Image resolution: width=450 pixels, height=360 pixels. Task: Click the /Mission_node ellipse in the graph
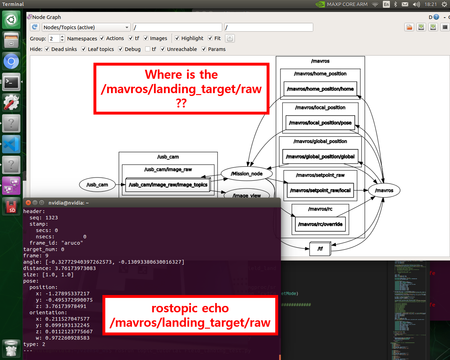(246, 174)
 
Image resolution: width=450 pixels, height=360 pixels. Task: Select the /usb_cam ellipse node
(97, 185)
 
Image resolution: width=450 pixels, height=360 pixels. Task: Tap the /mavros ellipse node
(384, 190)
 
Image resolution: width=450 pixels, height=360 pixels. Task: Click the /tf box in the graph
(320, 249)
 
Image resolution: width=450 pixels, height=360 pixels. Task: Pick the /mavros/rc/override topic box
(320, 224)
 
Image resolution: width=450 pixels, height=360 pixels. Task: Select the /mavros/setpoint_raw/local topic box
(320, 190)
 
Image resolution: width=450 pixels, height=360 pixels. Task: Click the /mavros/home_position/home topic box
(320, 89)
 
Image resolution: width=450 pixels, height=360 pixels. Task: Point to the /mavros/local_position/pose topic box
(320, 123)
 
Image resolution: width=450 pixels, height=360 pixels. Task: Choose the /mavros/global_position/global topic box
(320, 156)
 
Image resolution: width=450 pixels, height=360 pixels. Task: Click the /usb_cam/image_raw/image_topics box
(168, 185)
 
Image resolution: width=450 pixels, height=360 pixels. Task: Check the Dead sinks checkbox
(47, 49)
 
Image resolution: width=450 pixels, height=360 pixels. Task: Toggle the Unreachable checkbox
(163, 49)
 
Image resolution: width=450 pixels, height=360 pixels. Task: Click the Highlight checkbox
(177, 38)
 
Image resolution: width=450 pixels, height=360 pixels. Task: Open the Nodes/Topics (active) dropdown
(86, 28)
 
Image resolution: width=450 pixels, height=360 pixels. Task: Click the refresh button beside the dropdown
(35, 27)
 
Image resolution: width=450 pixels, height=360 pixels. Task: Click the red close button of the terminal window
(28, 203)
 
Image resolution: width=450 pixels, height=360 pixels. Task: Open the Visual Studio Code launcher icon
(11, 144)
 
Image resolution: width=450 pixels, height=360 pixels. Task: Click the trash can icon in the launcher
(11, 348)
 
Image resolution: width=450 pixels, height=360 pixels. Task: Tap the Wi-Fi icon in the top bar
(375, 4)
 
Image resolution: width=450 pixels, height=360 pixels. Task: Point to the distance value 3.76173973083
(75, 268)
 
